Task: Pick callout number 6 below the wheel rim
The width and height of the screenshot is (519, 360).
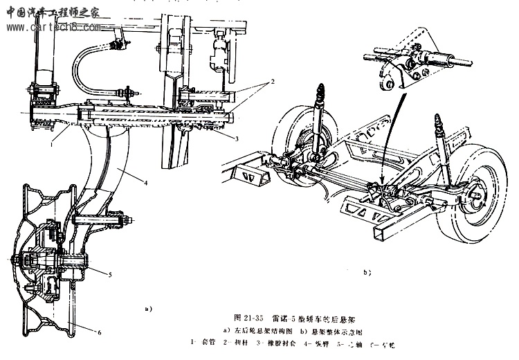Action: click(100, 333)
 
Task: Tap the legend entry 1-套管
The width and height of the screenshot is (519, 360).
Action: click(206, 343)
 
